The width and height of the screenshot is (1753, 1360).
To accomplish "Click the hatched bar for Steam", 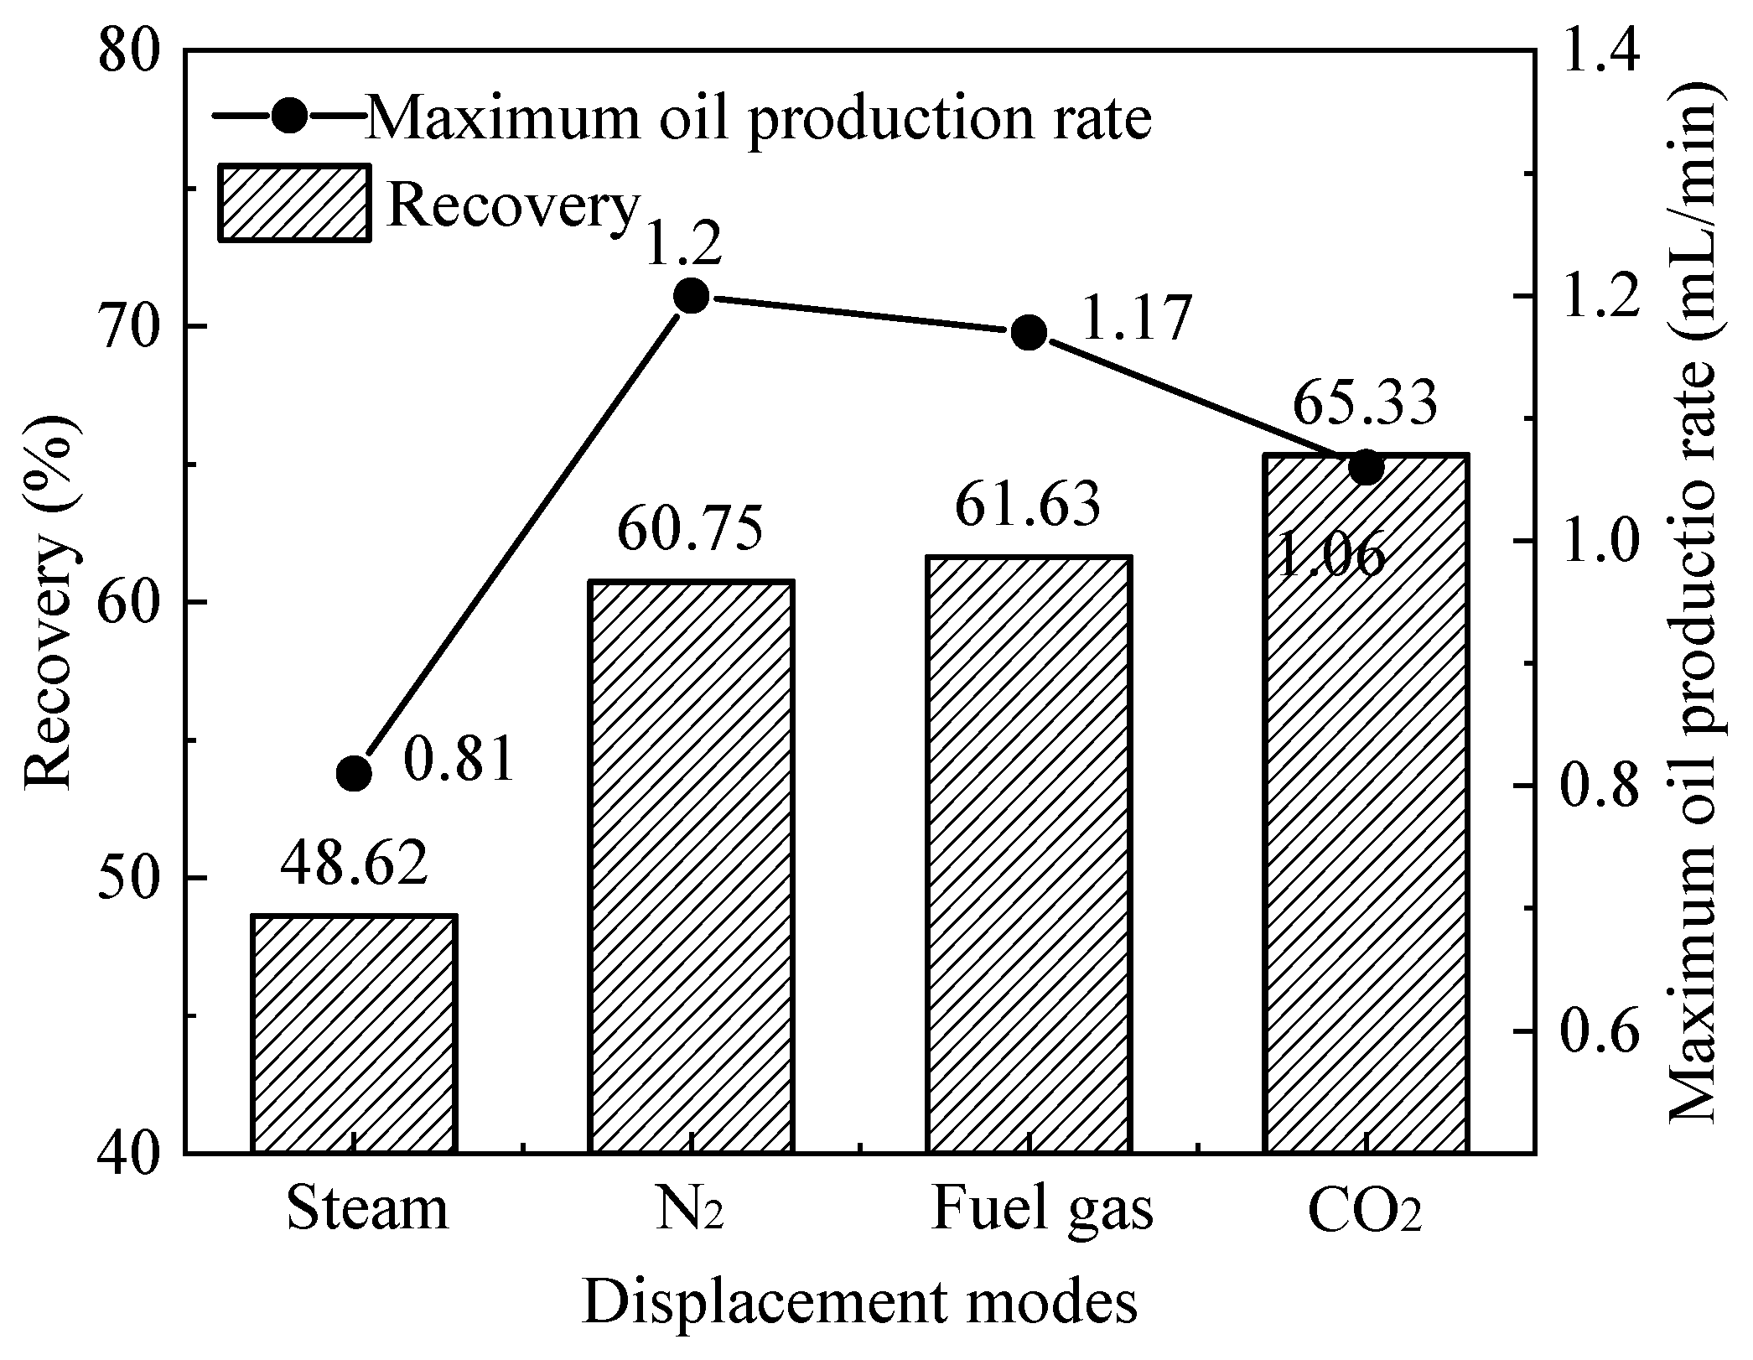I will tap(354, 1033).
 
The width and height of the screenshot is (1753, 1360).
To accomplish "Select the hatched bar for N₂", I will tap(691, 865).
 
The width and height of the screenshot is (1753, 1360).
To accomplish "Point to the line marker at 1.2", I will tap(692, 295).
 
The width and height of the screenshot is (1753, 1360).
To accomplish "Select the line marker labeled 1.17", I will tap(1029, 333).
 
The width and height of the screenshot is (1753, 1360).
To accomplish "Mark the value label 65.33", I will tap(1365, 404).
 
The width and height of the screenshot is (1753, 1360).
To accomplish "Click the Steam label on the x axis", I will tap(367, 1208).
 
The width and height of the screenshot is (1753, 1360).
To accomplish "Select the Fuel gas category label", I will tap(1042, 1208).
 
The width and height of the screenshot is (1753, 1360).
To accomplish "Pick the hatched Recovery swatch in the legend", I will tap(294, 204).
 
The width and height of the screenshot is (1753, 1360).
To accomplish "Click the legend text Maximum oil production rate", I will tap(759, 119).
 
